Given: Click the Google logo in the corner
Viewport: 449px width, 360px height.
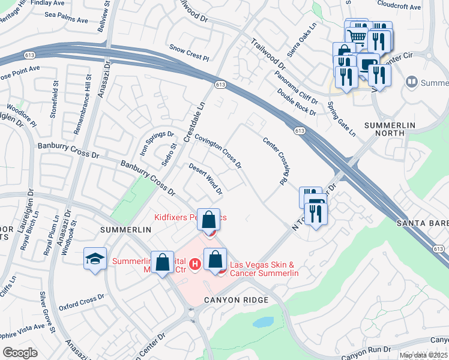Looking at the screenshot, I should (20, 353).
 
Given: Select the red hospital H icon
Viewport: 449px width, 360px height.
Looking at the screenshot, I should (194, 263).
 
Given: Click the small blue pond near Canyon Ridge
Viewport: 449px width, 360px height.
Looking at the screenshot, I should (263, 322).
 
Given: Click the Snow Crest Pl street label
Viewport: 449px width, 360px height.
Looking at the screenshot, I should (188, 52).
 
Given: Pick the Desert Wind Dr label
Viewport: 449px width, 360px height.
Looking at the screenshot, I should (206, 179).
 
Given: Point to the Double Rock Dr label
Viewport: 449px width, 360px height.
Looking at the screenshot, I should (297, 101).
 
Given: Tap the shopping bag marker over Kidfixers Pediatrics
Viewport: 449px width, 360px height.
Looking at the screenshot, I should (209, 220).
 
